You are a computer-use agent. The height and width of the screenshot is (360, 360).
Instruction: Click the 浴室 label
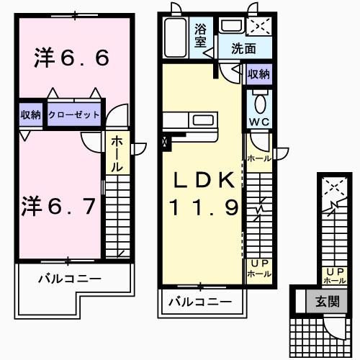(201, 36)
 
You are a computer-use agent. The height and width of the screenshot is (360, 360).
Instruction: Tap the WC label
(258, 121)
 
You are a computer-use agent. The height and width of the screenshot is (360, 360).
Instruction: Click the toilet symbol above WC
(259, 99)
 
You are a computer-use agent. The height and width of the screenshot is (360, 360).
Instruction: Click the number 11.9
(203, 208)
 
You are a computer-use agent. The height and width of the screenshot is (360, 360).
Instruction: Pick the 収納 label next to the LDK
(258, 73)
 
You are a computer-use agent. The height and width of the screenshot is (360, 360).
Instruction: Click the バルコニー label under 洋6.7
(70, 279)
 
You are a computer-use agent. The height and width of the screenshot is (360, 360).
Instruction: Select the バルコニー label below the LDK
(200, 302)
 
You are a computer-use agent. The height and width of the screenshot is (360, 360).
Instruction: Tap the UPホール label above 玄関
(334, 274)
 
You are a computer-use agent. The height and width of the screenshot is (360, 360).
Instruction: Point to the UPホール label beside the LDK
(258, 268)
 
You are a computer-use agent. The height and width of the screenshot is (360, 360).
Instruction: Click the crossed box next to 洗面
(258, 27)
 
